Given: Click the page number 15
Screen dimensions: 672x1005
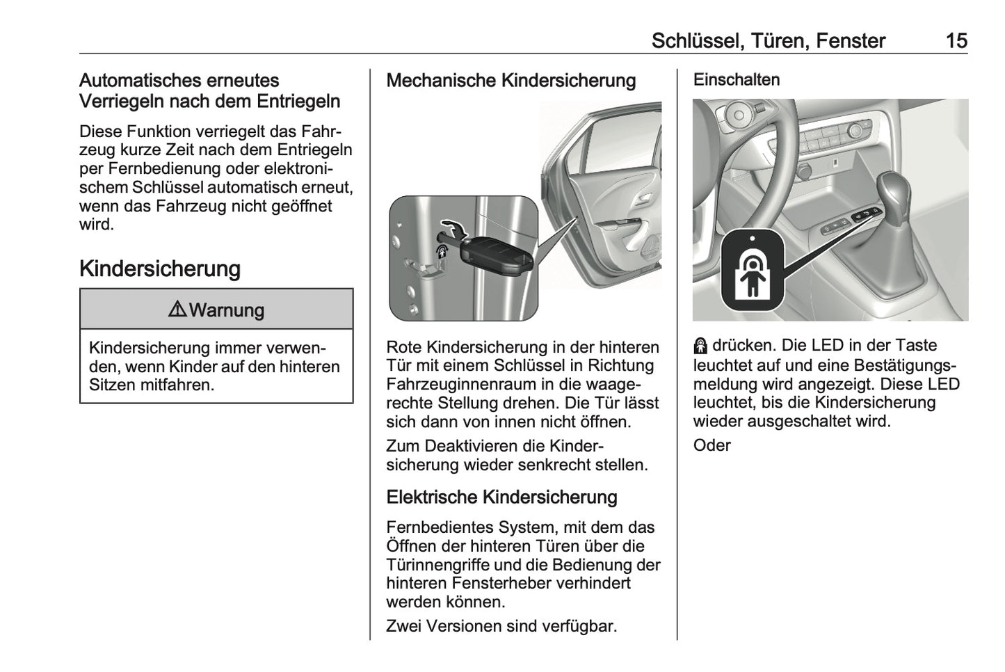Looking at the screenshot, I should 956,41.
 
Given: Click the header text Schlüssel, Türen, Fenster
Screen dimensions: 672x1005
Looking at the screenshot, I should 768,41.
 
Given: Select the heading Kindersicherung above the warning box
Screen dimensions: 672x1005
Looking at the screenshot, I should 160,269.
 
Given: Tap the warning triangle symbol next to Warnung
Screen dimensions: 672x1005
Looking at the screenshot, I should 177,310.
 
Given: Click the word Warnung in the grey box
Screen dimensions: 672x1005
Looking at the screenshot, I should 226,310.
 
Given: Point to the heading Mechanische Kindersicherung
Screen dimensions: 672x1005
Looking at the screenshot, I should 510,81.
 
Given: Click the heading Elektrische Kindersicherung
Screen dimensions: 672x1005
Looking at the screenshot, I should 501,497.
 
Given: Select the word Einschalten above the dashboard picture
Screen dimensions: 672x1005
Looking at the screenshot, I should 736,80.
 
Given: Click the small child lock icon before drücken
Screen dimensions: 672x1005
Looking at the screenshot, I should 700,346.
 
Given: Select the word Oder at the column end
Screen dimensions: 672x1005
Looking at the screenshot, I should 711,445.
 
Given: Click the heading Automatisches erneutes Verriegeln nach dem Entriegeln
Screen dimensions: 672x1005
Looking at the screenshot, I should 209,91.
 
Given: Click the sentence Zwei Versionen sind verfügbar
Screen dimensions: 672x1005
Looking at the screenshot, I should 501,626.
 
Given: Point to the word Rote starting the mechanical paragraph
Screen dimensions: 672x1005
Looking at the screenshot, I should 405,346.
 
